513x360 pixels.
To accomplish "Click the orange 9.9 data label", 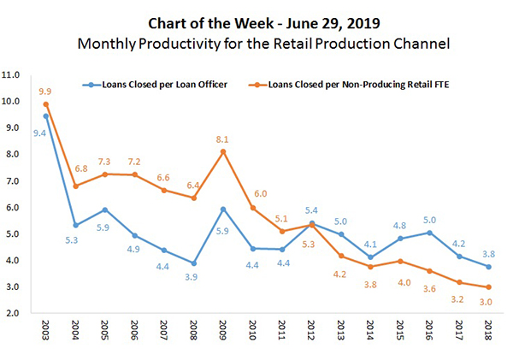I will (x=45, y=91).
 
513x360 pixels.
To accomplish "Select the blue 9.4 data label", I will (x=38, y=132).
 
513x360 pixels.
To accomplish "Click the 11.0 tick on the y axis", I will (x=13, y=75).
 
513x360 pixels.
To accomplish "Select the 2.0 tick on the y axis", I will (x=15, y=314).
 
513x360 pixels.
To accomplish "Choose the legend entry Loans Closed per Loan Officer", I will (x=160, y=86).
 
